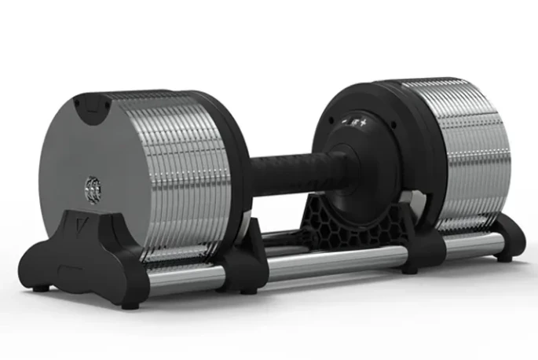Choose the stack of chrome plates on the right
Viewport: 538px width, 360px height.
463,153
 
